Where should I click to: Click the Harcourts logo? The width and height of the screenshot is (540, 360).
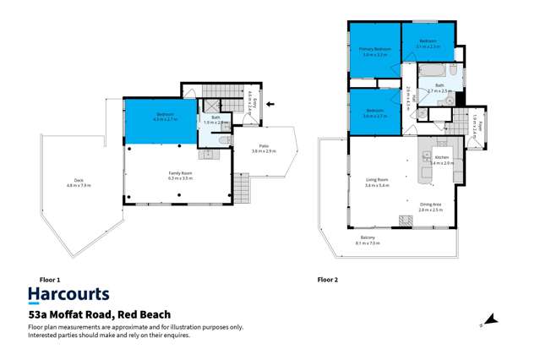click(68, 294)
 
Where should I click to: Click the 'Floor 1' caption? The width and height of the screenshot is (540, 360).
click(51, 278)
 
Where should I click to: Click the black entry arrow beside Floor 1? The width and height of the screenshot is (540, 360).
click(270, 105)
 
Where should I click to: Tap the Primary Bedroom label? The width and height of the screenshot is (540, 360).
click(374, 52)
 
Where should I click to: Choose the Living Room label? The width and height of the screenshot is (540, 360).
click(377, 182)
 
